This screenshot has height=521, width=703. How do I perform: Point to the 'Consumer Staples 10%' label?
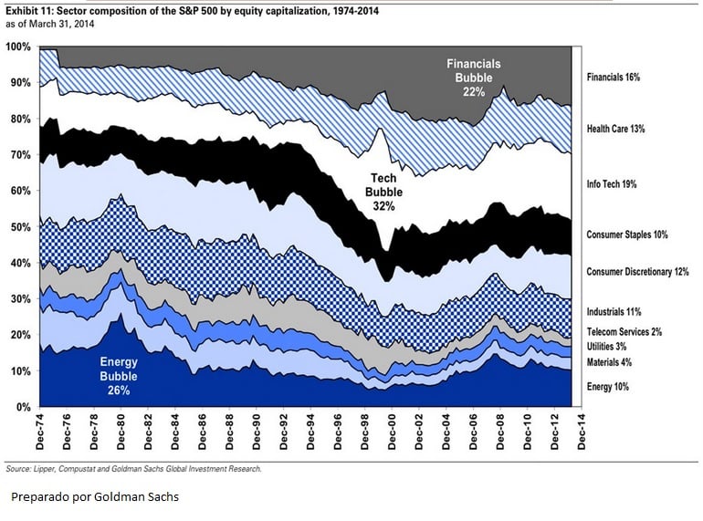point(627,234)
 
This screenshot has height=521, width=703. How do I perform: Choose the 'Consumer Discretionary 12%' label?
point(637,271)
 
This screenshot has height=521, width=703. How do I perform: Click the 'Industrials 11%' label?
point(614,312)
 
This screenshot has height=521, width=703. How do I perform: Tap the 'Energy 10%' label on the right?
point(607,387)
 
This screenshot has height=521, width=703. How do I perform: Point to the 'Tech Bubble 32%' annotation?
point(383,193)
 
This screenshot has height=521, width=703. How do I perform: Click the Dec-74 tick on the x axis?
point(42,433)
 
